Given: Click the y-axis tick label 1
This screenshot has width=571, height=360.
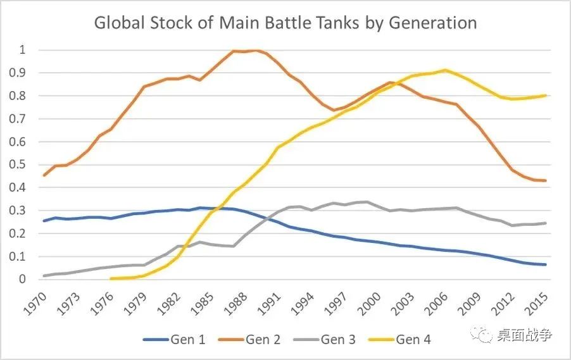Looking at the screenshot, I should tap(23, 50).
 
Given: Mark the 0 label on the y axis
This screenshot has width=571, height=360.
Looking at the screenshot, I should tap(23, 279).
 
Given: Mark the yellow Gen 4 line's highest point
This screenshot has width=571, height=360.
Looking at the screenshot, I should tap(445, 70).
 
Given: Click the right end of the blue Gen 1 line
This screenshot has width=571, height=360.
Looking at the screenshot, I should tap(546, 264).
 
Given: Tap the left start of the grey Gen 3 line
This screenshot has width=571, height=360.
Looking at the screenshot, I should tap(43, 276).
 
